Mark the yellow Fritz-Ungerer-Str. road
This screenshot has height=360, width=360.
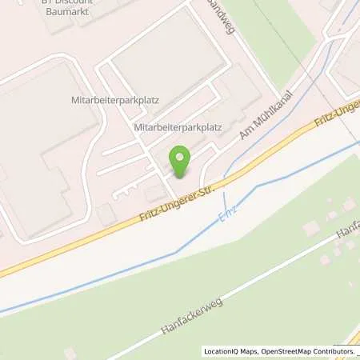(80, 245)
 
